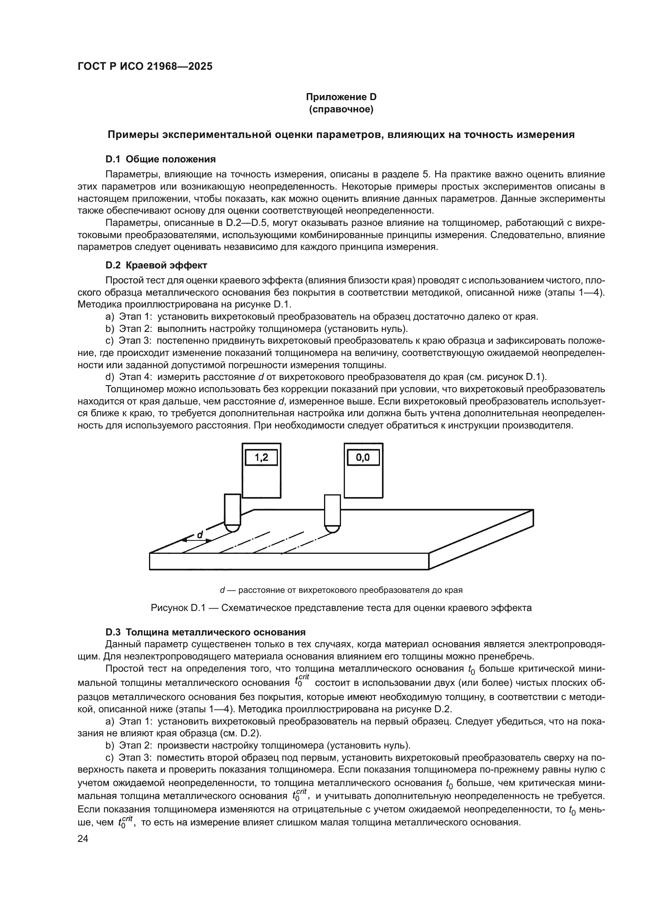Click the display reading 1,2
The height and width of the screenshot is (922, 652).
[261, 458]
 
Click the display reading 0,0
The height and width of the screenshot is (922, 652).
[363, 458]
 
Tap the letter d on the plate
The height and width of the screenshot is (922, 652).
[199, 535]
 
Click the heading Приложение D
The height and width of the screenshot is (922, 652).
[341, 97]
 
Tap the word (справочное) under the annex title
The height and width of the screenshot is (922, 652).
[341, 109]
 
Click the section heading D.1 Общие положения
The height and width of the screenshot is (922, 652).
[160, 159]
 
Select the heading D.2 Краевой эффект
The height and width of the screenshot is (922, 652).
[156, 265]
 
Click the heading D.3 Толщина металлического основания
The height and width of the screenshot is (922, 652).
[205, 632]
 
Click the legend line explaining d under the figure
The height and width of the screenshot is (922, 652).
[341, 590]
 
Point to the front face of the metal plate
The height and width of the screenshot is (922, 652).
[289, 561]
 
